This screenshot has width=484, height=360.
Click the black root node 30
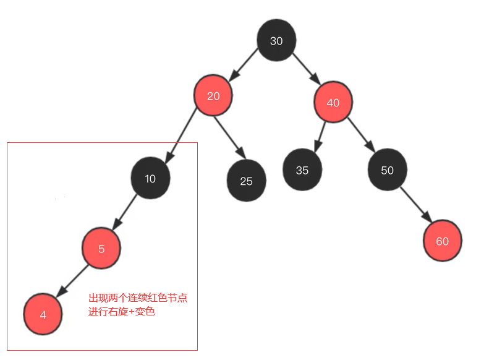276,41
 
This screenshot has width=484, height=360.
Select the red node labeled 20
213,96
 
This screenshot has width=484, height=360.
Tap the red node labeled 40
333,103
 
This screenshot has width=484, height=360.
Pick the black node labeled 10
150,179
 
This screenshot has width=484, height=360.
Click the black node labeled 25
247,181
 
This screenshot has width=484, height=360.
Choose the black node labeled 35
302,170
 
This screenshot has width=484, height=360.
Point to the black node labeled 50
388,170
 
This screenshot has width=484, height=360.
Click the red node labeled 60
443,241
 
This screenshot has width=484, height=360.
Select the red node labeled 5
101,249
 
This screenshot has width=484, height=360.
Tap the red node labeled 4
43,314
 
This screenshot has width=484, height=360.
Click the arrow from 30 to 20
244,67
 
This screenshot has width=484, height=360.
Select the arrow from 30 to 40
305,69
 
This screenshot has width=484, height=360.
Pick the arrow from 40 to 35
320,135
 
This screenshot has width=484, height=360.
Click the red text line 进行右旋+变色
121,312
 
